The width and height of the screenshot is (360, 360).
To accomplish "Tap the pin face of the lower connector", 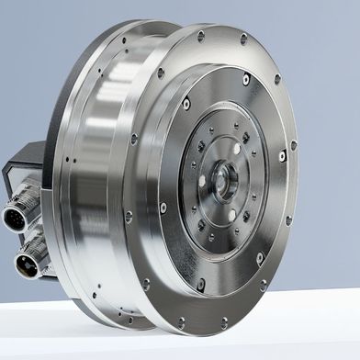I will coord(25,266).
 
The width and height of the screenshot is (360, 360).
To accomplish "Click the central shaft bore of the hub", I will coord(224,180).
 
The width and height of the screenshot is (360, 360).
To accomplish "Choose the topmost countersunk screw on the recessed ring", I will coord(246,80).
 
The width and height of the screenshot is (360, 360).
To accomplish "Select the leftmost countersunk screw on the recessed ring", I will coord(163,208).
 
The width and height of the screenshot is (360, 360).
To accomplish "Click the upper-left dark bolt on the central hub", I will coord(201,146).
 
